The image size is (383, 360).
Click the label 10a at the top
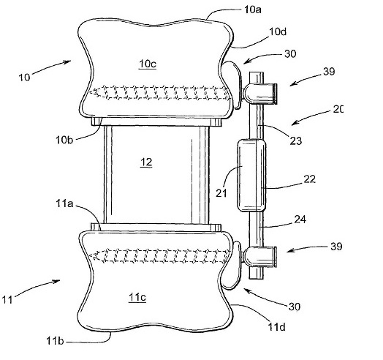(253, 10)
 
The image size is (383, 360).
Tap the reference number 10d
(278, 31)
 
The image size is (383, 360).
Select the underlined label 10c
(148, 64)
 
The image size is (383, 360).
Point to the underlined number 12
(146, 162)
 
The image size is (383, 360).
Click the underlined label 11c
(137, 297)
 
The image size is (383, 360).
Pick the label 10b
(64, 140)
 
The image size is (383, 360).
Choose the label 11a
(64, 203)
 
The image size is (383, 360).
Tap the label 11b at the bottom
(55, 341)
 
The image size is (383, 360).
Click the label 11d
(277, 327)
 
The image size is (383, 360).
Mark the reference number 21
(221, 193)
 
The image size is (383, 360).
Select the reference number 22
(310, 179)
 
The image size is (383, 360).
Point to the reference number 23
(296, 141)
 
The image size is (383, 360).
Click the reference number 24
(300, 220)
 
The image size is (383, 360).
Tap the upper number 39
(329, 72)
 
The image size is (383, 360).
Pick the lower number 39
(336, 247)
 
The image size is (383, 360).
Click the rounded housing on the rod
(251, 176)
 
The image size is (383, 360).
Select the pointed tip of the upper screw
(90, 92)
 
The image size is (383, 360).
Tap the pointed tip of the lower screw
(90, 256)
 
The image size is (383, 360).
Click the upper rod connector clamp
(260, 94)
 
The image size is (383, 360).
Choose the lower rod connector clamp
(260, 257)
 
